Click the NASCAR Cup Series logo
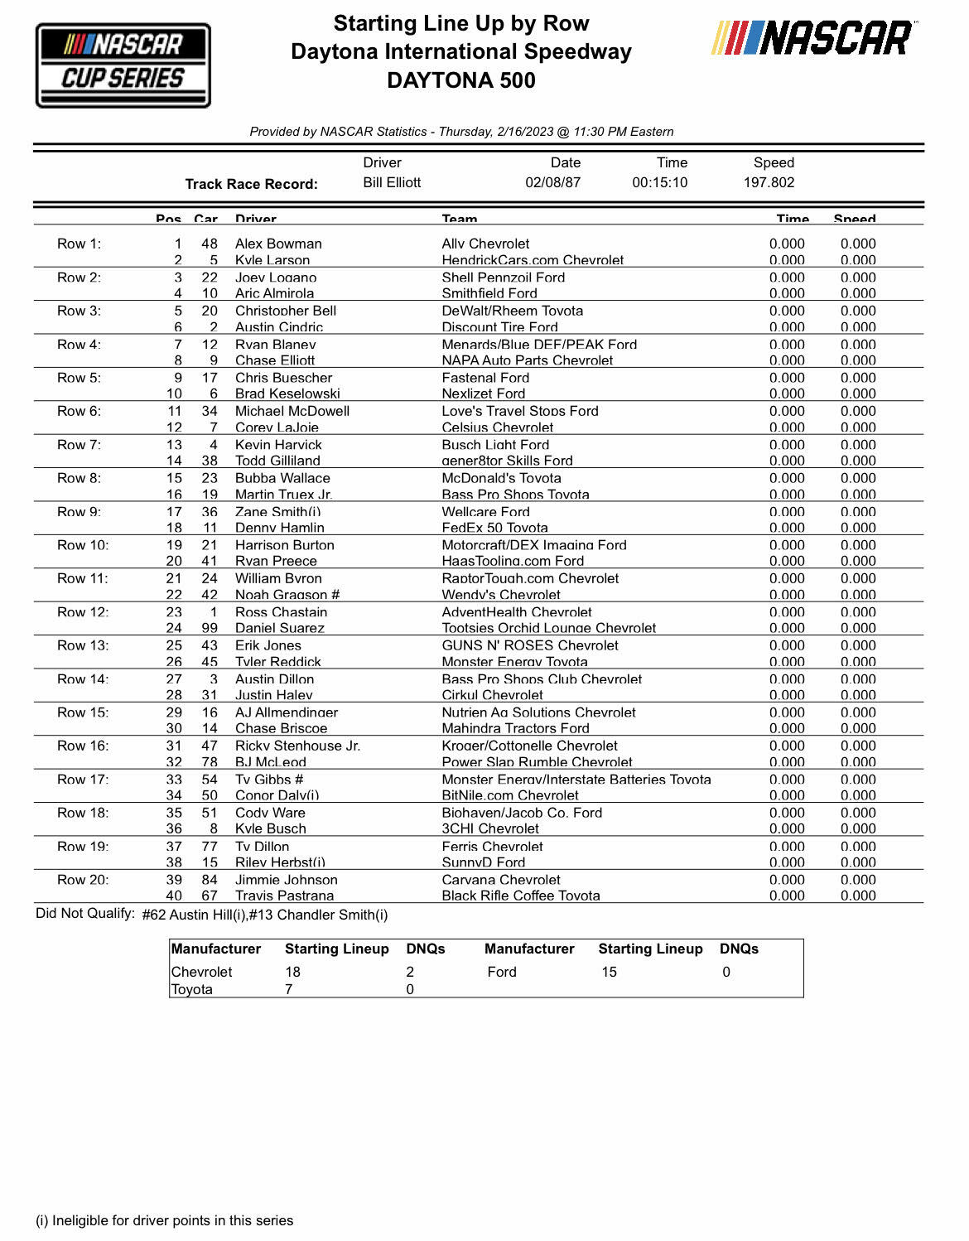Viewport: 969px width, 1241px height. tap(123, 65)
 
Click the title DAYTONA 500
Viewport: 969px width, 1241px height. tap(460, 80)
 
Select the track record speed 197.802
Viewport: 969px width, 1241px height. tap(769, 182)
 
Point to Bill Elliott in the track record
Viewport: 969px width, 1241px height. tap(392, 182)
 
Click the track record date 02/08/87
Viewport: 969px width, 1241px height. tap(552, 182)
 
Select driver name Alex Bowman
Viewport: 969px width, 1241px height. tap(278, 244)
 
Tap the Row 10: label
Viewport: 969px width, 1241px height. tap(82, 545)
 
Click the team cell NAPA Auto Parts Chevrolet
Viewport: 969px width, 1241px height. tap(527, 360)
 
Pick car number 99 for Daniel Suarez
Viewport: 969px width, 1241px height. tap(210, 628)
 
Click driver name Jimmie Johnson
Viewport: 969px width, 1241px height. tap(286, 880)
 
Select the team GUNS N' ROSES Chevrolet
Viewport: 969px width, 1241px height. tap(530, 645)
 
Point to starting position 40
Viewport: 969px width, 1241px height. tap(174, 896)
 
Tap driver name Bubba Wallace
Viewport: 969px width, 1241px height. tap(282, 478)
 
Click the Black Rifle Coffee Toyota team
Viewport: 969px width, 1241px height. tap(520, 896)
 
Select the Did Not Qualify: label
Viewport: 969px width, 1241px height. tap(84, 914)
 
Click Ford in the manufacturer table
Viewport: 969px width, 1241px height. tap(502, 972)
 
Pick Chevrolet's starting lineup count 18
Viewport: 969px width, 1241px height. tap(292, 972)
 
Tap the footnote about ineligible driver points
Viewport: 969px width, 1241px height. tap(164, 1220)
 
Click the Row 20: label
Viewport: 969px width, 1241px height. tap(82, 880)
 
